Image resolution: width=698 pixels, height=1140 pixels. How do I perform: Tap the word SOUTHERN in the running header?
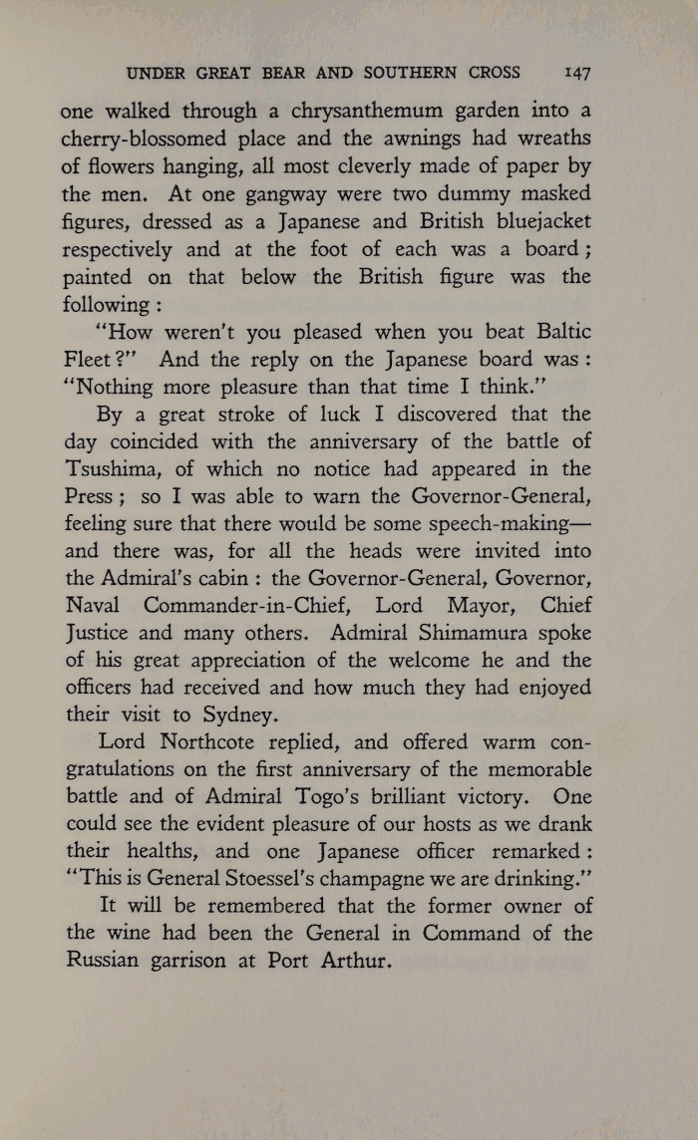(409, 73)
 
